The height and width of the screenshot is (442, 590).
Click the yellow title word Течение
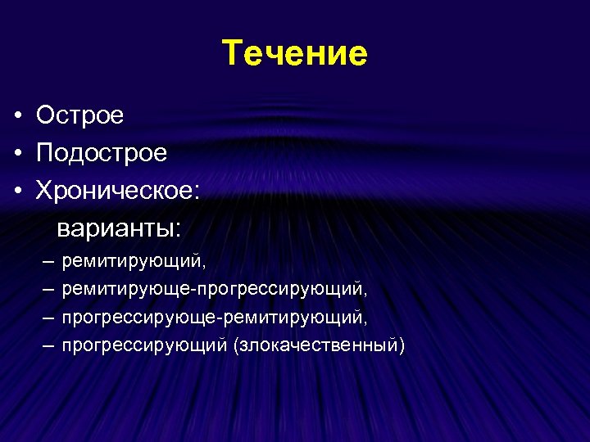point(295,54)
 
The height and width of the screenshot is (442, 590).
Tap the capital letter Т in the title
point(232,54)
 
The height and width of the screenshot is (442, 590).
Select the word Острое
point(79,115)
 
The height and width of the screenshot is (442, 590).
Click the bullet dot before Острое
point(17,116)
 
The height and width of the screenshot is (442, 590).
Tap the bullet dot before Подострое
point(17,153)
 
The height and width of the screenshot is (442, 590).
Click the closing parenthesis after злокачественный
point(402,345)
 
